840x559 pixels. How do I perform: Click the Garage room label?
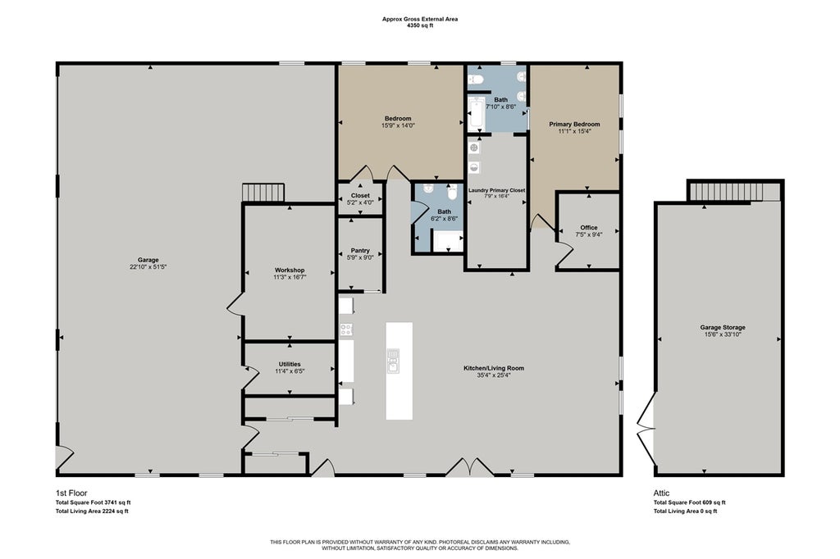(148, 260)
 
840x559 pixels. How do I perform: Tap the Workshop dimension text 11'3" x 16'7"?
(290, 277)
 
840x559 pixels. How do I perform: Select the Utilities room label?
(290, 364)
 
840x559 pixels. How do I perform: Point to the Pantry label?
(360, 250)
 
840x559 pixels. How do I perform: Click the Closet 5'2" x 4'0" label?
(360, 199)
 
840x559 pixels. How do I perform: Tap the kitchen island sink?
(394, 361)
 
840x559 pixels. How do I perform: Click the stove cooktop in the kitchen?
(346, 329)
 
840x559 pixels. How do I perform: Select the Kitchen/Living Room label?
(494, 368)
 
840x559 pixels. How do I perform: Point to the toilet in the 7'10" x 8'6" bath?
(477, 80)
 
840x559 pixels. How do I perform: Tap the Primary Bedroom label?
(574, 125)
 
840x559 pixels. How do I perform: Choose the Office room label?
(589, 228)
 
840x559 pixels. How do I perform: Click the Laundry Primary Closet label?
(496, 190)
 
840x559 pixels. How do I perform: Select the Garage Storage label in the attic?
(723, 327)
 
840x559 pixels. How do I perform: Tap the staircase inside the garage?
(262, 193)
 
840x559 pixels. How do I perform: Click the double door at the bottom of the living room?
(470, 467)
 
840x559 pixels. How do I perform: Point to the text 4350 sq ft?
(420, 25)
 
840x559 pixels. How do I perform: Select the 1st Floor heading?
(71, 493)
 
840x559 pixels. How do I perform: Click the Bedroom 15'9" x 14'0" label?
(398, 121)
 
